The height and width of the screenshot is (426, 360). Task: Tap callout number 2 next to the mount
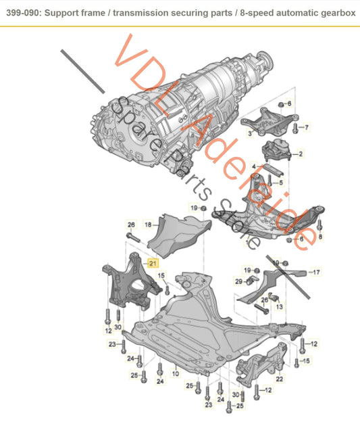301,154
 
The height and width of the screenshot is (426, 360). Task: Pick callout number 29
239,281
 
